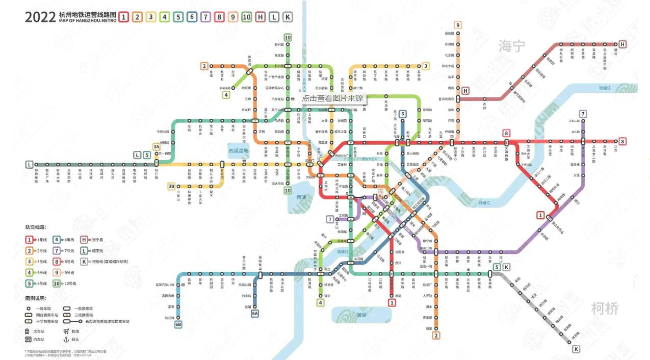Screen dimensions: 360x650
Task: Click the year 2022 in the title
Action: pyautogui.click(x=40, y=16)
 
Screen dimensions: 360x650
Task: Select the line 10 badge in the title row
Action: pyautogui.click(x=247, y=17)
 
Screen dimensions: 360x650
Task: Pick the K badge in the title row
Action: pyautogui.click(x=288, y=17)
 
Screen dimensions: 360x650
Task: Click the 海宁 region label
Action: pyautogui.click(x=511, y=46)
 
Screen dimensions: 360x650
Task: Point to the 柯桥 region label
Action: pyautogui.click(x=605, y=308)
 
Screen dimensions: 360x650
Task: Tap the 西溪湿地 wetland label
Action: pyautogui.click(x=238, y=151)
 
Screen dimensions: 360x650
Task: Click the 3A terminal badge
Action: pyautogui.click(x=157, y=147)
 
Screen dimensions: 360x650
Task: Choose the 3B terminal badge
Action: pyautogui.click(x=172, y=186)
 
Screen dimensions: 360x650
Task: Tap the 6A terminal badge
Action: pyautogui.click(x=254, y=313)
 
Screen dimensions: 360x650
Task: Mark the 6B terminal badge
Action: pyautogui.click(x=178, y=324)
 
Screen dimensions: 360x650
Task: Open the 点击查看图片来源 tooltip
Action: pyautogui.click(x=332, y=98)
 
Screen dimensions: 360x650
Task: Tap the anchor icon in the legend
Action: pyautogui.click(x=66, y=339)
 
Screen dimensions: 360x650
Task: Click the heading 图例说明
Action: pyautogui.click(x=36, y=298)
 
